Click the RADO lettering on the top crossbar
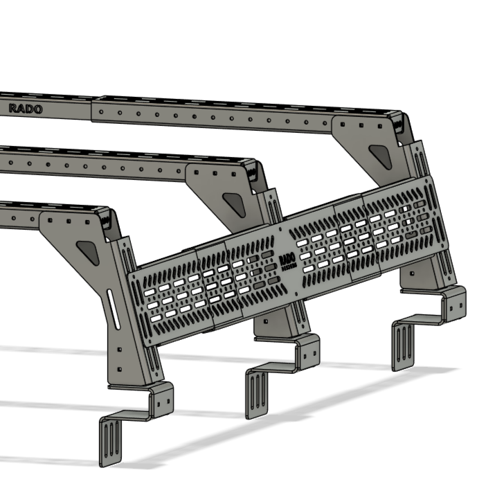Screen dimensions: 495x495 (25, 109)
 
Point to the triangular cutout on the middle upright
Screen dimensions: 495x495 (233, 202)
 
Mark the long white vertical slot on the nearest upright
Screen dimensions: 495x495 (113, 312)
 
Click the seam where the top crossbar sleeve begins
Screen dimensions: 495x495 (92, 111)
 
